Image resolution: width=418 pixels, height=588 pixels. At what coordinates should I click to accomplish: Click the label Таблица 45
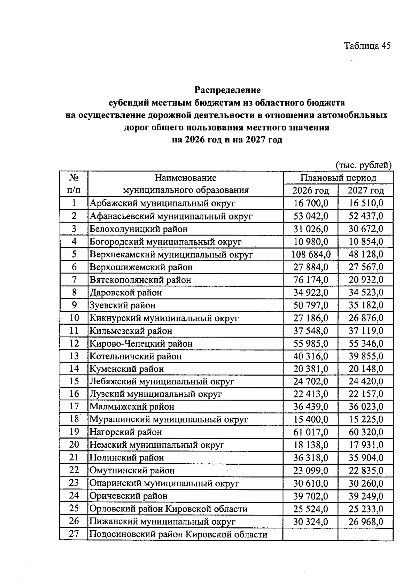(367, 46)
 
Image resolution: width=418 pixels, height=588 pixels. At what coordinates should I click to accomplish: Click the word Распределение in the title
(227, 90)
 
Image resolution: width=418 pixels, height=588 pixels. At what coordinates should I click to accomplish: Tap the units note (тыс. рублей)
(364, 165)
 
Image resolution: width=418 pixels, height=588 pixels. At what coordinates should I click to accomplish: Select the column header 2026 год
(310, 191)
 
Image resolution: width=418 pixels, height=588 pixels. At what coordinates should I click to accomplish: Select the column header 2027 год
(365, 191)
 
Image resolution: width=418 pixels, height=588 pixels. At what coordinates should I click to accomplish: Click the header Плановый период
(338, 178)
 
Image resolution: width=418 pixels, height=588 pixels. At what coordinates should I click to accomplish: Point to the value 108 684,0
(311, 254)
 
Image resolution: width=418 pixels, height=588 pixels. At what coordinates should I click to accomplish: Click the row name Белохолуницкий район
(139, 229)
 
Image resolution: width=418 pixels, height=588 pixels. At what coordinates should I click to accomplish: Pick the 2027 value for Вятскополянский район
(366, 280)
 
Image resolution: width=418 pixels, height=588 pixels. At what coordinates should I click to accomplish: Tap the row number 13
(74, 356)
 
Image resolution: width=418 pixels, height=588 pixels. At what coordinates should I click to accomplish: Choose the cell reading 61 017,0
(310, 432)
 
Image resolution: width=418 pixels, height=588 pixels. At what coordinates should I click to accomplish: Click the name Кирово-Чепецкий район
(141, 343)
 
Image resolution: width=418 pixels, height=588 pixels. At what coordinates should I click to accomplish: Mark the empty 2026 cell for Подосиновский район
(310, 534)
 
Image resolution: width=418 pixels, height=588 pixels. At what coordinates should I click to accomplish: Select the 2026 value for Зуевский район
(310, 305)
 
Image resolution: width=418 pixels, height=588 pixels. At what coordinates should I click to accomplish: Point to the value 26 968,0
(366, 521)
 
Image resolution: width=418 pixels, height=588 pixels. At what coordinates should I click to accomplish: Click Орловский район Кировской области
(168, 509)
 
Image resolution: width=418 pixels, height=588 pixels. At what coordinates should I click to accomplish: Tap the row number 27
(74, 534)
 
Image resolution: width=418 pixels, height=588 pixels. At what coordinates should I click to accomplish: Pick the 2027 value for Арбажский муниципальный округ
(366, 203)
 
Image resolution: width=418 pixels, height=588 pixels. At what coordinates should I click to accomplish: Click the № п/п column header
(74, 184)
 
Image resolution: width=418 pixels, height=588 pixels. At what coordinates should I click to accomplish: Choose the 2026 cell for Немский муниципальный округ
(310, 445)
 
